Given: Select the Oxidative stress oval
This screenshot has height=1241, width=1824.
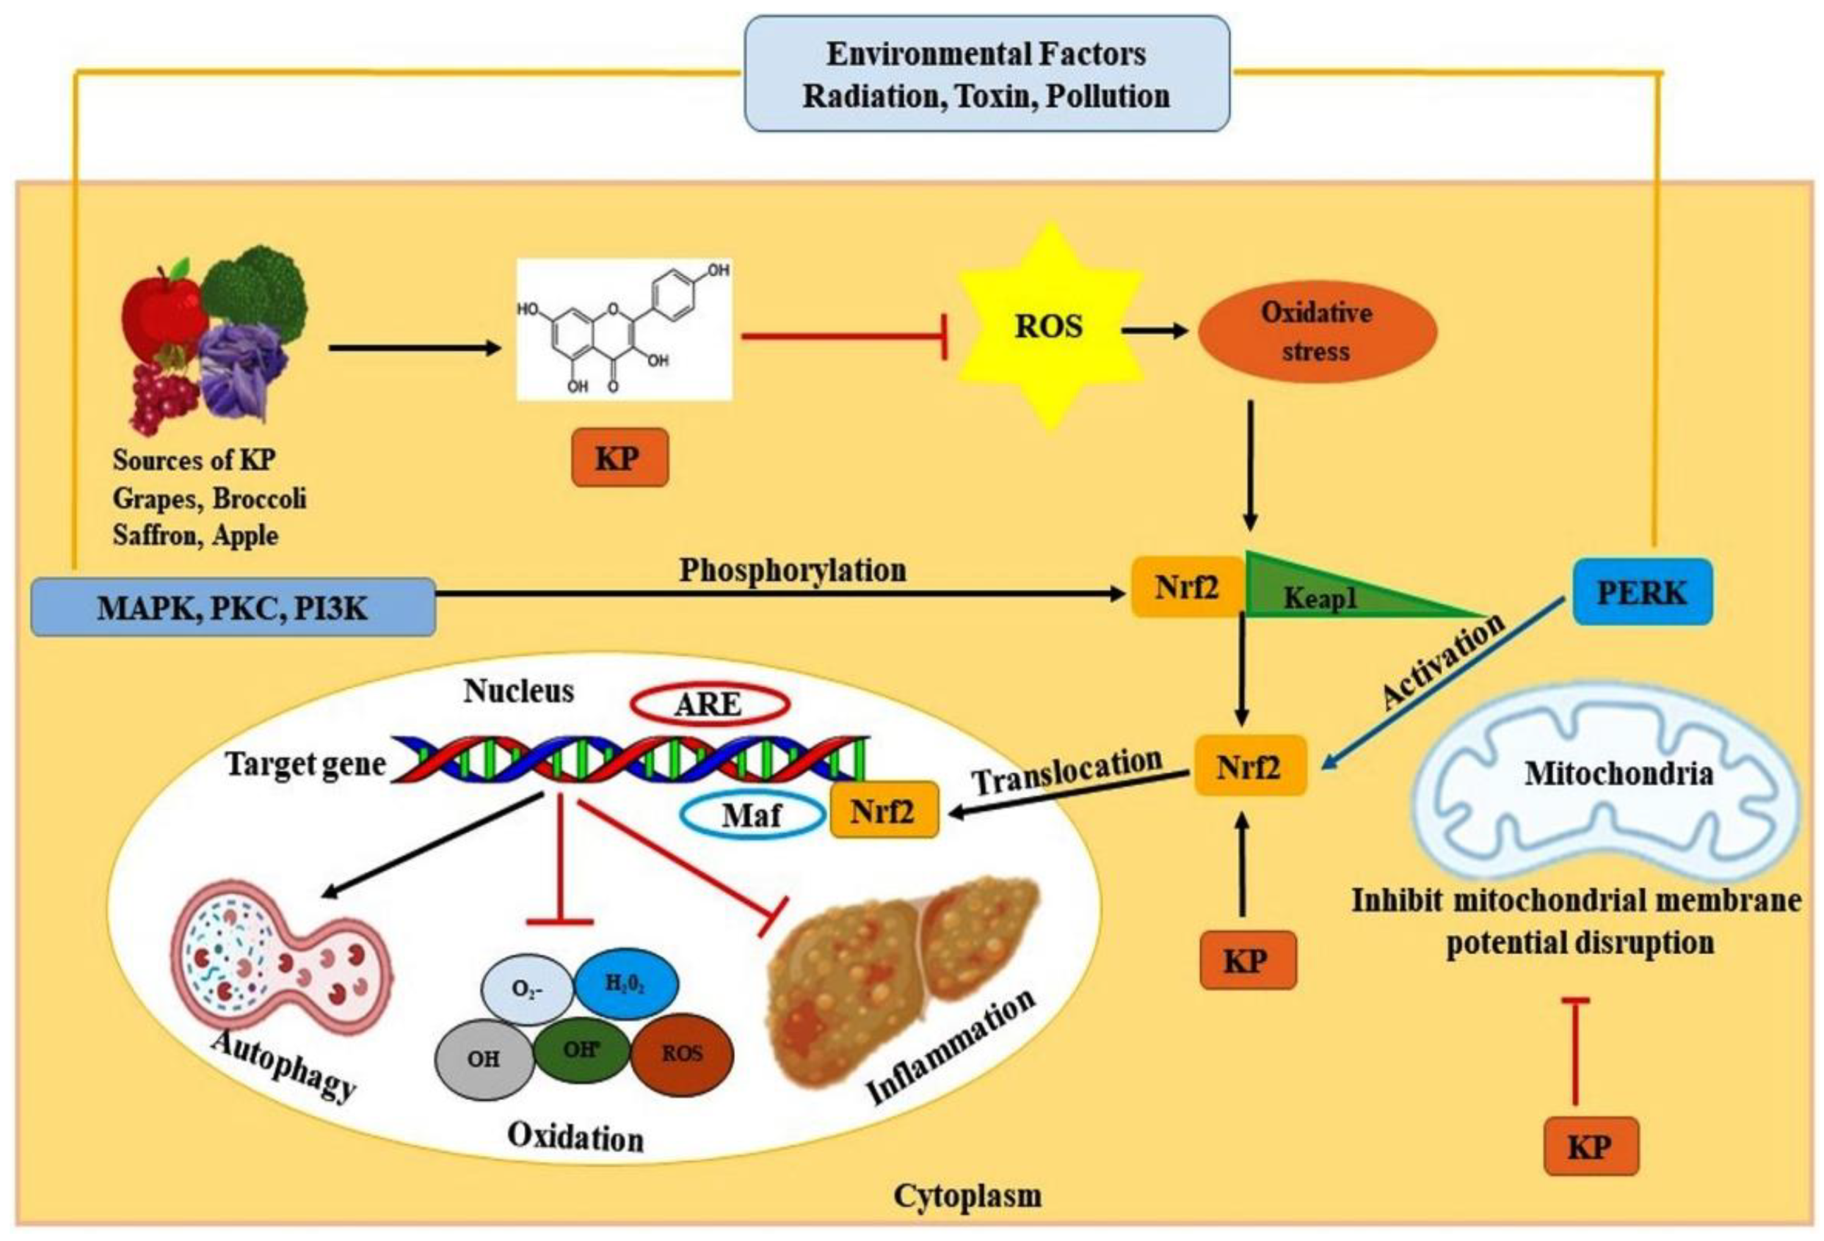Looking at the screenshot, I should (x=1316, y=332).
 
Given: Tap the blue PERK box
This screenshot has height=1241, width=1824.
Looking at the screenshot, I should (x=1642, y=593).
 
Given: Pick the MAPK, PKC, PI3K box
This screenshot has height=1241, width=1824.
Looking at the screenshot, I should (x=233, y=608).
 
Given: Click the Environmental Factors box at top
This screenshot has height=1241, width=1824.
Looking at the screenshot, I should (x=986, y=75).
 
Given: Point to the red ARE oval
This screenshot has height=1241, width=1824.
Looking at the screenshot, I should (x=709, y=704).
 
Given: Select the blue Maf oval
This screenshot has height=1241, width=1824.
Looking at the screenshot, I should (x=751, y=815).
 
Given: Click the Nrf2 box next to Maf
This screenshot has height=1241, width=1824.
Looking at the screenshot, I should (x=883, y=809).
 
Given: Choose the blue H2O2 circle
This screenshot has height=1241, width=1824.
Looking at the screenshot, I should (x=625, y=984).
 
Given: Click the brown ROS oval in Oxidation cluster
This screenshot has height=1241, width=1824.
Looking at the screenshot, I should (x=681, y=1053).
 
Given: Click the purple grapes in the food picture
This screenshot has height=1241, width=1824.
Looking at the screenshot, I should (x=161, y=396).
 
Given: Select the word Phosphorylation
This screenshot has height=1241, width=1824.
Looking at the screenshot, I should (x=792, y=570).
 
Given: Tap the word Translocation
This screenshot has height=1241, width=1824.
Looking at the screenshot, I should (x=1067, y=771).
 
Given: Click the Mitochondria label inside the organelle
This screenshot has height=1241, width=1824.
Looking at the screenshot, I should (x=1618, y=774).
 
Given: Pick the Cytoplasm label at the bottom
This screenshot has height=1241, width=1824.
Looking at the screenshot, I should (x=967, y=1196).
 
